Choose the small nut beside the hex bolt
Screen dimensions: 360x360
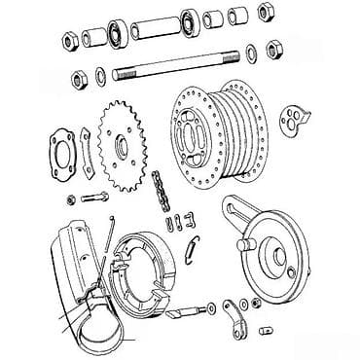tap(72, 199)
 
